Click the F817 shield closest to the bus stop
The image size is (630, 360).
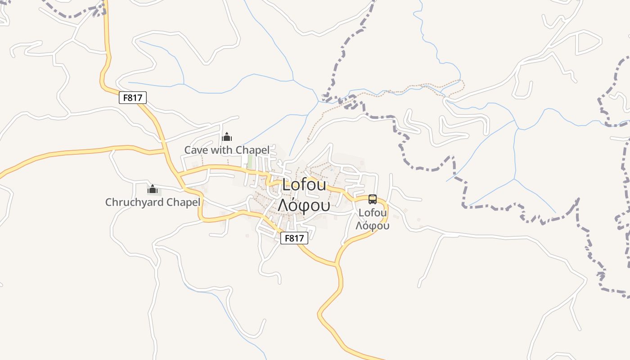pos(294,238)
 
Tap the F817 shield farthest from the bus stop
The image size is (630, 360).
pos(133,97)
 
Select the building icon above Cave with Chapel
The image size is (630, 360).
pos(227,136)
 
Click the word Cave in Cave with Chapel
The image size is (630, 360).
pos(196,150)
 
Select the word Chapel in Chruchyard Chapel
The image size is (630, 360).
pos(183,202)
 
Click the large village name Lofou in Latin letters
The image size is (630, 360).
pos(304,185)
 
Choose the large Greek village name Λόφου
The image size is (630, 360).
pos(304,205)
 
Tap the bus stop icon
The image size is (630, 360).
pos(373,199)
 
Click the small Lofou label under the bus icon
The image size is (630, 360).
pos(373,212)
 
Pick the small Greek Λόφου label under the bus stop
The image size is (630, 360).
pos(373,225)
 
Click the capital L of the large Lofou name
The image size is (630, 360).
pos(286,185)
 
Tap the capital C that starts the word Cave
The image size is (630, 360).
pos(188,150)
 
